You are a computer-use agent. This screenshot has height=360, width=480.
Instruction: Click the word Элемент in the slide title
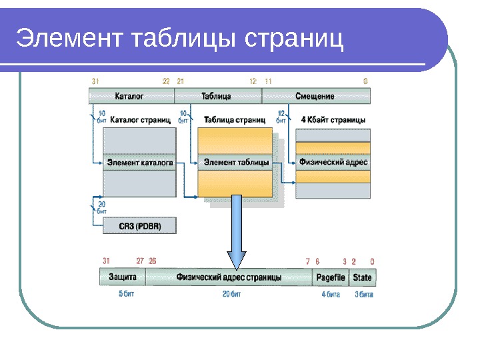click(x=70, y=39)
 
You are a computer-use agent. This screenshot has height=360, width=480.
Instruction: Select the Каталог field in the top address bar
click(x=130, y=97)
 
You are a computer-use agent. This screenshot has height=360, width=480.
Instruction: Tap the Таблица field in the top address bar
click(x=217, y=97)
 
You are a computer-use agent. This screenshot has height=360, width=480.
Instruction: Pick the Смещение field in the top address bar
click(x=315, y=97)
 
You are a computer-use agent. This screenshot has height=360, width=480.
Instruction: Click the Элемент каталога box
click(x=140, y=162)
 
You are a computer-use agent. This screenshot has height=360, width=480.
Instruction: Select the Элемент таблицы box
click(x=236, y=162)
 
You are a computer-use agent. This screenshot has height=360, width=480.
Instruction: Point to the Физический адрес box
click(x=333, y=162)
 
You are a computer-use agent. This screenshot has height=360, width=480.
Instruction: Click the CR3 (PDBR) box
click(x=140, y=226)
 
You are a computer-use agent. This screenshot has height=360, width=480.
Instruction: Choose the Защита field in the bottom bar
click(x=123, y=277)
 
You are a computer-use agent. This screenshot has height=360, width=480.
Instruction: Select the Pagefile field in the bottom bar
click(x=330, y=277)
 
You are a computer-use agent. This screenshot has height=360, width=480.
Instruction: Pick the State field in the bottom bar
click(x=362, y=277)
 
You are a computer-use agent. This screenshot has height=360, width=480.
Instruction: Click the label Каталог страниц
click(x=140, y=121)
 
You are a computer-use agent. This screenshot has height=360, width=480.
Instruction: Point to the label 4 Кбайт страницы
click(x=333, y=121)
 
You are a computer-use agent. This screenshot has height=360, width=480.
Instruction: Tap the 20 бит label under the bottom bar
click(x=231, y=294)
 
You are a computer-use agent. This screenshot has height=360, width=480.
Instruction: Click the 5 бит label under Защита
click(x=126, y=294)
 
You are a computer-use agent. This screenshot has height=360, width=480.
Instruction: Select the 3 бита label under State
click(x=364, y=294)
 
